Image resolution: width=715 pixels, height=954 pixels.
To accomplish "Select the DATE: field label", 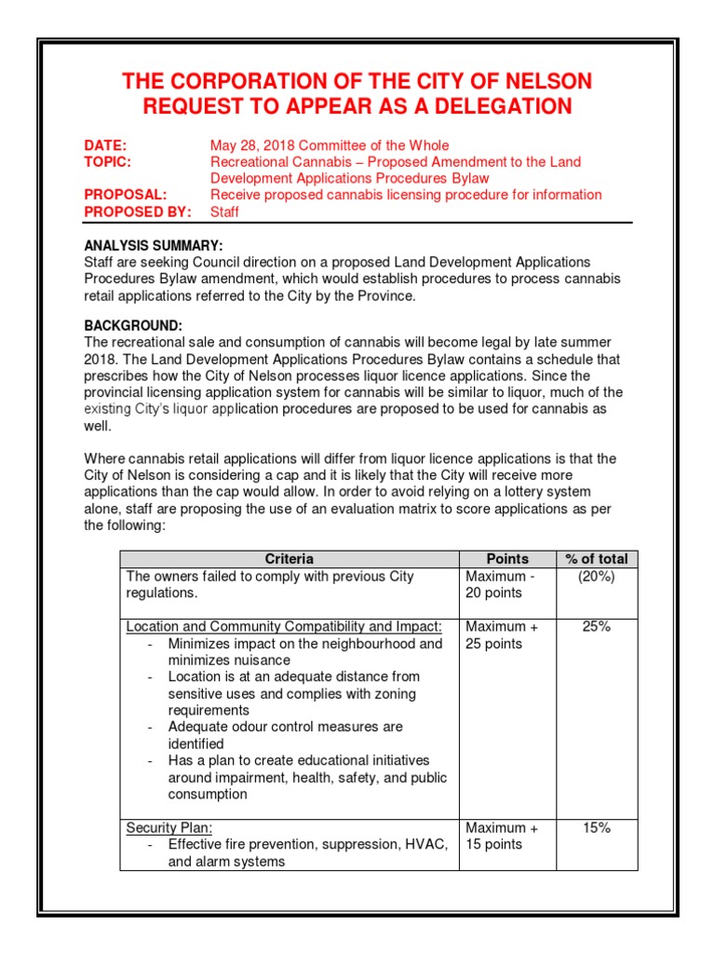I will (105, 145).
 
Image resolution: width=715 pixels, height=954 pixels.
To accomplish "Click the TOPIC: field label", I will (108, 162).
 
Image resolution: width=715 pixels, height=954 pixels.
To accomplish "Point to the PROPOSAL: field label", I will (126, 195).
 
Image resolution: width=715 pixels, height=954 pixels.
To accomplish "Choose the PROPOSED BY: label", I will (138, 211).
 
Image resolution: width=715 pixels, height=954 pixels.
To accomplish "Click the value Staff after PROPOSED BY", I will (224, 211).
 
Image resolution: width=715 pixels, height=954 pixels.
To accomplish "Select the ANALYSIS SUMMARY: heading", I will (154, 246).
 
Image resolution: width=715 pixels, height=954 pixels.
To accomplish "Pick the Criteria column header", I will (290, 559).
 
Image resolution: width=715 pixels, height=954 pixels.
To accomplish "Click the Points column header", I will (507, 559).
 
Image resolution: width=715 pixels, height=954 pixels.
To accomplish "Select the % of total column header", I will (596, 559).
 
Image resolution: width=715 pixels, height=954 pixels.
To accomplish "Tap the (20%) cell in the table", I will (596, 577).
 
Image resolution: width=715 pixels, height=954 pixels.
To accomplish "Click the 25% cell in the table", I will (596, 627).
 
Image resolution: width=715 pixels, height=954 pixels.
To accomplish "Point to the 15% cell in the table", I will (596, 828).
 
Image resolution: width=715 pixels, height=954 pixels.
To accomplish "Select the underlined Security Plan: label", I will (169, 828).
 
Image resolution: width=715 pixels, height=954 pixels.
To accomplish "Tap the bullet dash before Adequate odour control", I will (151, 727).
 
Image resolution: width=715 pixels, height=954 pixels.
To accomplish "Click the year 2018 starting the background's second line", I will (100, 360).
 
